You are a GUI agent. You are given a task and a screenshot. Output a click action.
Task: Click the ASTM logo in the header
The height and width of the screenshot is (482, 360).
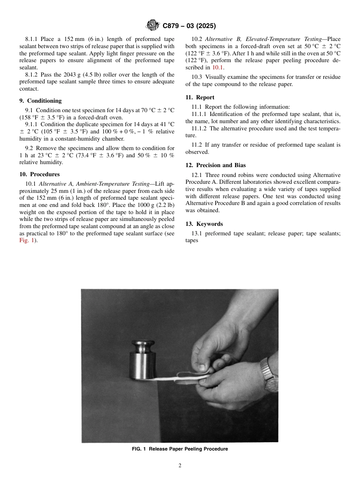pos(153,26)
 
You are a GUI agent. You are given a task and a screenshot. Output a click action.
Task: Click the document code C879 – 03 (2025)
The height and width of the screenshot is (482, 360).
pos(189,26)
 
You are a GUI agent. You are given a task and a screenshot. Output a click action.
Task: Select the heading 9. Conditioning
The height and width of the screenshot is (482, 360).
pos(40,101)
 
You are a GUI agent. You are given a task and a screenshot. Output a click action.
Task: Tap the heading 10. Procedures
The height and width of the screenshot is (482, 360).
pos(39,174)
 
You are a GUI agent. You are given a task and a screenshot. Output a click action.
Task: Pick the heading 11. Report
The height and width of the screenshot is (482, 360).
pos(200,97)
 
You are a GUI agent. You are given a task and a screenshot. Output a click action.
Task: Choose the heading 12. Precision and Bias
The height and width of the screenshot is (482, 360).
pos(215,165)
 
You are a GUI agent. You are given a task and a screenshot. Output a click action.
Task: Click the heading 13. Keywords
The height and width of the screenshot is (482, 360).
pos(204,224)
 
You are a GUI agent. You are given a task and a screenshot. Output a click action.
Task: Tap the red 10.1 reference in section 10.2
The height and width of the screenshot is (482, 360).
pos(218,67)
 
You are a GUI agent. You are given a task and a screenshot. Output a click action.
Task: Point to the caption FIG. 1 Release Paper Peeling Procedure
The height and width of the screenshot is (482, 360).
pos(180,449)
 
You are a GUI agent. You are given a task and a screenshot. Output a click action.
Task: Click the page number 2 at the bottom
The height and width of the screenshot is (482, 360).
pos(180,466)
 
